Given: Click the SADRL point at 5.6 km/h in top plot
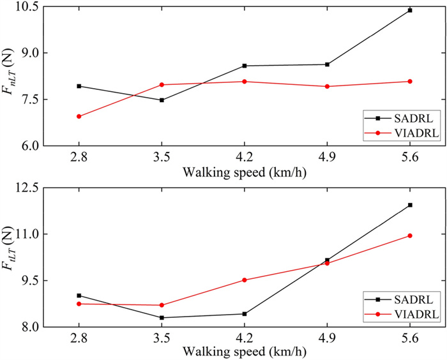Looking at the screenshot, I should tap(410, 10).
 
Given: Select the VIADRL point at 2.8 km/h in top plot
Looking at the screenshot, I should tap(79, 116).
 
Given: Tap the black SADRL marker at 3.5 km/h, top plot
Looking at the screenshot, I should tap(162, 100).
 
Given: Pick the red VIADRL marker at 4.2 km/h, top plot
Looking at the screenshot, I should tap(245, 82).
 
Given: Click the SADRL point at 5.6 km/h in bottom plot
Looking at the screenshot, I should tap(410, 205).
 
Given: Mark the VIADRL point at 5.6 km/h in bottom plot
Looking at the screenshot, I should tap(410, 236).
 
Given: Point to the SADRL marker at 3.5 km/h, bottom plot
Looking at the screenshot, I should tap(162, 317).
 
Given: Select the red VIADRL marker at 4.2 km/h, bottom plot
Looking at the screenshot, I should tap(245, 280).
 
